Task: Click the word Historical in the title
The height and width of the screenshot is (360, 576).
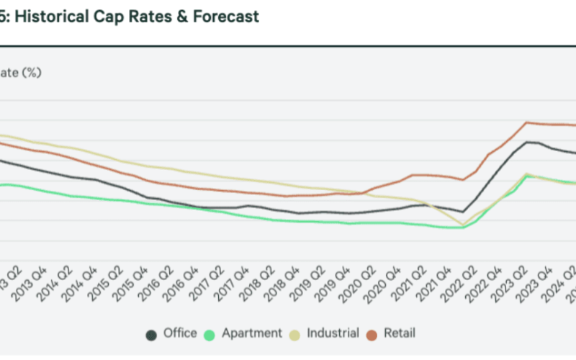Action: click(x=51, y=17)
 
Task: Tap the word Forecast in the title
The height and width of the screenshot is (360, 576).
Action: click(x=226, y=17)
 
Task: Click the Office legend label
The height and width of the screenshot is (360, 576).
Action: click(x=180, y=333)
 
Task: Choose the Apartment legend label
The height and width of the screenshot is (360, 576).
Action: click(x=252, y=333)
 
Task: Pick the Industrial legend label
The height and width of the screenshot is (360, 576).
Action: click(x=333, y=333)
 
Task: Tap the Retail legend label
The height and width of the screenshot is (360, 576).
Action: click(x=400, y=333)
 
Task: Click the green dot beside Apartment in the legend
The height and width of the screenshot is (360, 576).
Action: click(x=210, y=334)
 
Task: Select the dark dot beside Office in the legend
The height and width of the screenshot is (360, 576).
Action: click(x=152, y=334)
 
